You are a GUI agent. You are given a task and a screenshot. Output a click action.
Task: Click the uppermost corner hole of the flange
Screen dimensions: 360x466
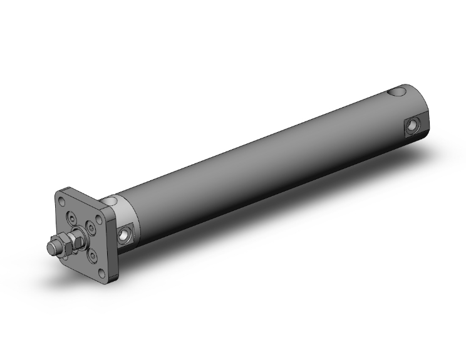pyautogui.click(x=63, y=201)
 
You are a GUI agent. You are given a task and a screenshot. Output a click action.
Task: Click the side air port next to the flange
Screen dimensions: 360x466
pyautogui.click(x=125, y=235)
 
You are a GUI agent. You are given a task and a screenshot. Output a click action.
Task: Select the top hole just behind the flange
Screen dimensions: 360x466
pyautogui.click(x=114, y=201)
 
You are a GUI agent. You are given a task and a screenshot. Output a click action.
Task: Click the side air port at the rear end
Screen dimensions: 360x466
pyautogui.click(x=412, y=127)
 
